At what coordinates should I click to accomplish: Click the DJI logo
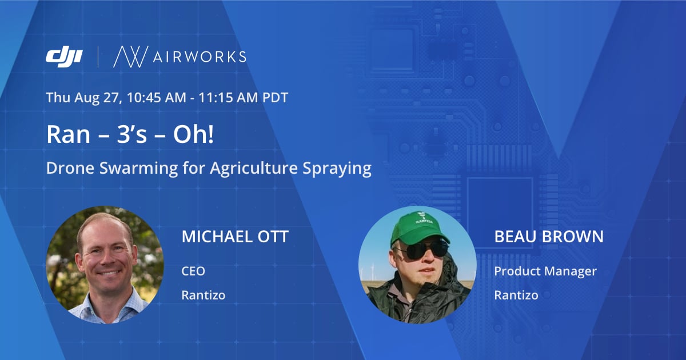pos(64,57)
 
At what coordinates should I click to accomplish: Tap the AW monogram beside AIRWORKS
pos(131,57)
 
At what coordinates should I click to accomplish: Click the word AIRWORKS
pos(200,57)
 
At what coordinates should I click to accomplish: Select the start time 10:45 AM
pos(157,97)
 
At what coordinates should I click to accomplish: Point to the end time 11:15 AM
pos(228,97)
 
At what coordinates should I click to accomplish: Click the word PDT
pos(276,97)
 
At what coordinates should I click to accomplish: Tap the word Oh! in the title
pos(194,134)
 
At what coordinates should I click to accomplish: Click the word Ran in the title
pos(68,134)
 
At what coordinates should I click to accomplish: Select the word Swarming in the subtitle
pos(138,169)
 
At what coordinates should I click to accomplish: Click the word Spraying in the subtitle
pos(337,169)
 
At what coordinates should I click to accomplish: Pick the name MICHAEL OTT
pos(235,237)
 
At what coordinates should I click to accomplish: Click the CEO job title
pos(193,271)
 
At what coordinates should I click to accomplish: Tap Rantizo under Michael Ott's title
pos(204,295)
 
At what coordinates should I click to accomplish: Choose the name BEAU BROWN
pos(549,237)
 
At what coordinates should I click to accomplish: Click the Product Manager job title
pos(545,271)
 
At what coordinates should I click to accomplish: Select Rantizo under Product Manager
pos(516,295)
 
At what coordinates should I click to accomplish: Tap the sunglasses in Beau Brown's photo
pos(424,249)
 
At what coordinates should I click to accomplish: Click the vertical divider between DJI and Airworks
pos(98,57)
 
